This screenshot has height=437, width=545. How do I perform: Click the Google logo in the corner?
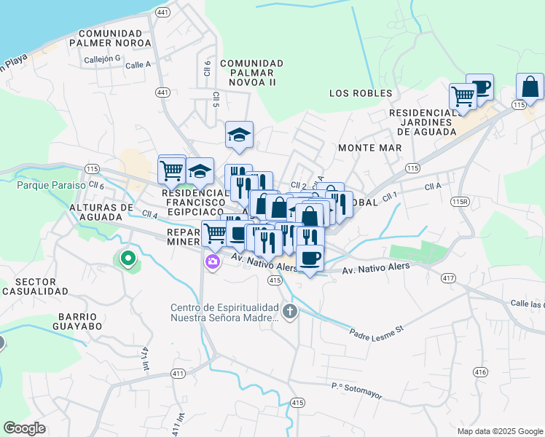(x=24, y=428)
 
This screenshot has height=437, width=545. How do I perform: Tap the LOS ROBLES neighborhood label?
(x=361, y=93)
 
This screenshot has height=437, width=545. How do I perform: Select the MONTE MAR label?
(x=370, y=148)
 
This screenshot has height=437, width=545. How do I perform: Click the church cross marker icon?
(x=290, y=312)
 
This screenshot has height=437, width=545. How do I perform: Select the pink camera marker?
(x=212, y=262)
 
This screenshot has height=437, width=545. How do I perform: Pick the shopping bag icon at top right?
(x=530, y=87)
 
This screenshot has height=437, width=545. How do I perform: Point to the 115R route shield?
(x=460, y=202)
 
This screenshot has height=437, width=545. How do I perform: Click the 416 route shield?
(x=479, y=371)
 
